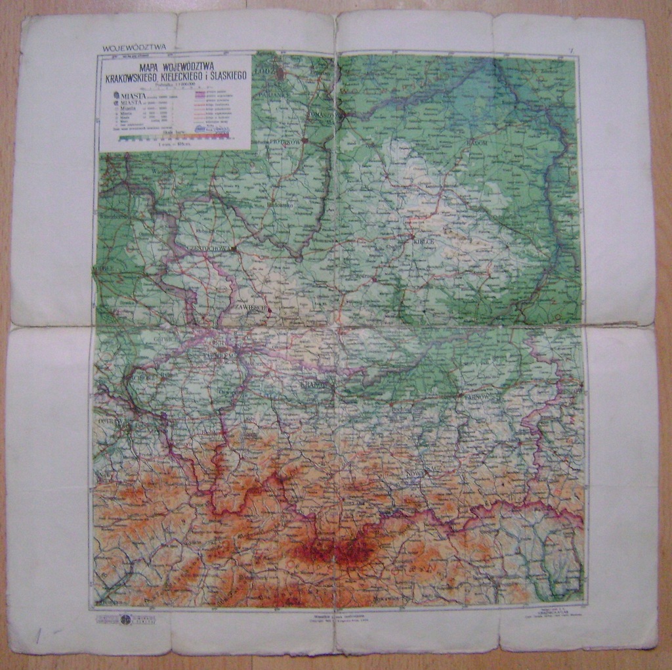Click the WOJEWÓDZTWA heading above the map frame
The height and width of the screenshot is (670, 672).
tap(135, 47)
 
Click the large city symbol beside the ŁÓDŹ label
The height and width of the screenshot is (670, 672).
tap(280, 74)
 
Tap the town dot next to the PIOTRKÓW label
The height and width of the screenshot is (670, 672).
tap(304, 140)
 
